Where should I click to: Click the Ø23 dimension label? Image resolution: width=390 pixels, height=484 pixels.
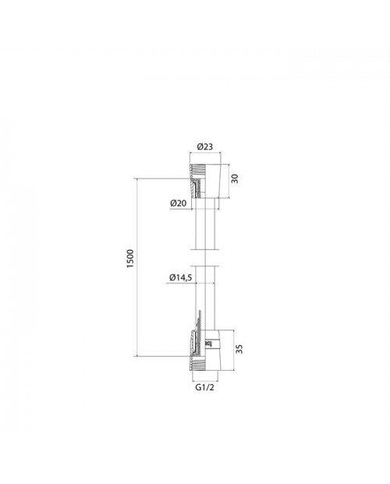(205, 146)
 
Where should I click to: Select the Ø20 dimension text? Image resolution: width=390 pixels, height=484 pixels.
(178, 203)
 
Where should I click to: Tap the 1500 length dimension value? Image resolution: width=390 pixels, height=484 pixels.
(130, 258)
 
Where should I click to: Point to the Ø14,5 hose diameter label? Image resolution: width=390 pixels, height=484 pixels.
(180, 277)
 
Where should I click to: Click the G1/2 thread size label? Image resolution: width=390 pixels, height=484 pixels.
(204, 387)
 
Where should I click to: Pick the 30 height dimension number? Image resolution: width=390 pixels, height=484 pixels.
(235, 179)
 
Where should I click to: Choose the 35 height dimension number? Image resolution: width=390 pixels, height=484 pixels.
(239, 349)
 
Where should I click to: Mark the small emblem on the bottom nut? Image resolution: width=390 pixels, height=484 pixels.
(209, 343)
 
